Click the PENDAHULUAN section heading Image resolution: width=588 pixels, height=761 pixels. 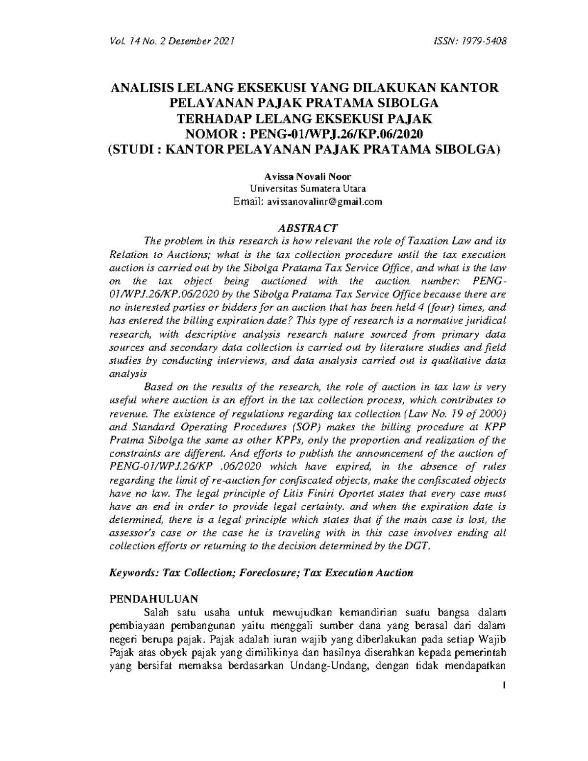[x=153, y=598]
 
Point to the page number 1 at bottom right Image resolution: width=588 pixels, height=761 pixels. [x=504, y=685]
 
